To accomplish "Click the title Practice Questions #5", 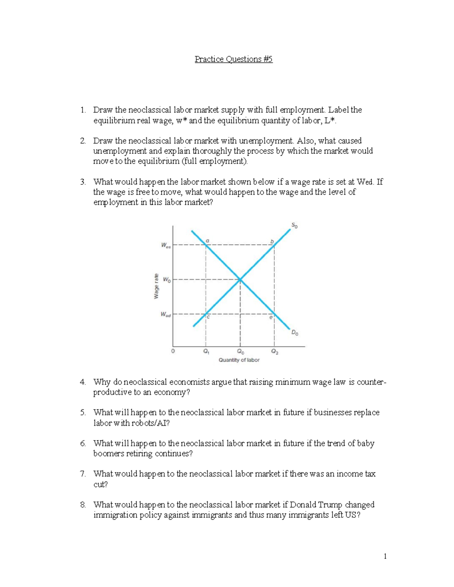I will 233,59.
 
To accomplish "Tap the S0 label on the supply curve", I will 294,226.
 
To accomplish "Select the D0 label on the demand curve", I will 294,333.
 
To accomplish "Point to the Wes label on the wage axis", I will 166,245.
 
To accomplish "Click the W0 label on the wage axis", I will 166,280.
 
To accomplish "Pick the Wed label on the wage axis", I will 166,314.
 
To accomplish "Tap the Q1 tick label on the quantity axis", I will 206,352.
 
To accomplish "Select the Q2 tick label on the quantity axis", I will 274,352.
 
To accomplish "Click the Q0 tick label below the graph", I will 240,352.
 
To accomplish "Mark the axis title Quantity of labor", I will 239,360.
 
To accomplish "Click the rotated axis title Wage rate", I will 156,286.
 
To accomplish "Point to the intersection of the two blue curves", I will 240,280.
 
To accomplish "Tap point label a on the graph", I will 207,240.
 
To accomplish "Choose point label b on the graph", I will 271,241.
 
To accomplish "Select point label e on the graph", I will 271,318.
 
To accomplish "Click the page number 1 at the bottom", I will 385,556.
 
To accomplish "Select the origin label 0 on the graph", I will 173,351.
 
